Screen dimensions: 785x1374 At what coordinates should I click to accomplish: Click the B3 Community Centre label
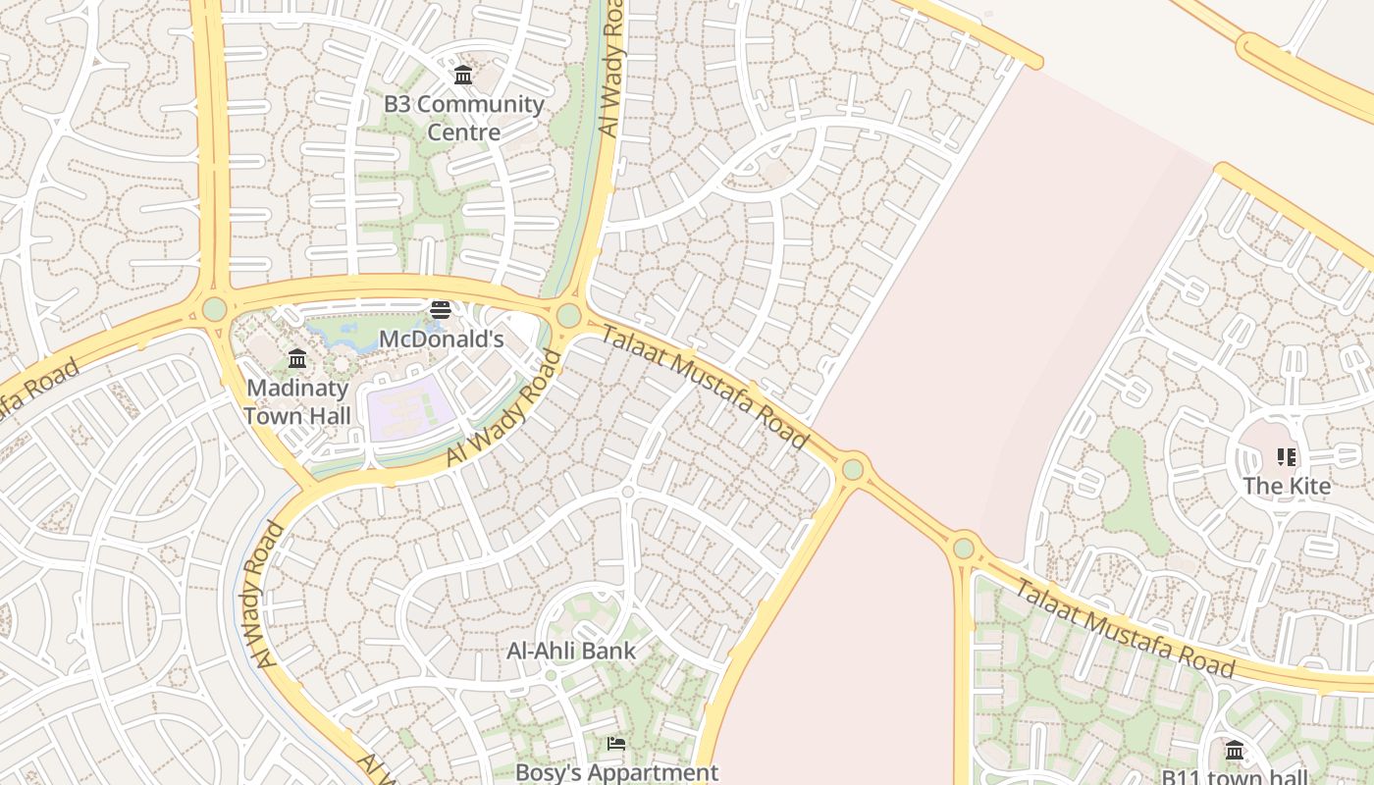463,118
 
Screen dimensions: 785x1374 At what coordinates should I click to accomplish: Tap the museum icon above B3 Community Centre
463,75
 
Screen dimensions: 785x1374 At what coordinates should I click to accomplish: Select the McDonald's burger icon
440,310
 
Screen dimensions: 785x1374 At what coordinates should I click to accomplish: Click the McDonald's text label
441,340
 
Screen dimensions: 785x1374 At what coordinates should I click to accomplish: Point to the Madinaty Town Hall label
297,401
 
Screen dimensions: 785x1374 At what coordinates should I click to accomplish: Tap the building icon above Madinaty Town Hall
297,359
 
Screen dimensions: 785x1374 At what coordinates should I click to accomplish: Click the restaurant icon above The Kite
1286,456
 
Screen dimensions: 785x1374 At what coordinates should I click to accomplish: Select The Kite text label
1286,486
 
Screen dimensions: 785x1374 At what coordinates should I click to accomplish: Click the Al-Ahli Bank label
571,651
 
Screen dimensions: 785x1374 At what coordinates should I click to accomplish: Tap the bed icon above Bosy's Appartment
616,744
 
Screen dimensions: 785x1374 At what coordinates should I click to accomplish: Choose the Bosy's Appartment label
616,772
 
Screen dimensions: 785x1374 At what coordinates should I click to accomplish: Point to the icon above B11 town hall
1235,751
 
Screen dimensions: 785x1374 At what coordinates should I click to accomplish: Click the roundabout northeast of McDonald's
568,316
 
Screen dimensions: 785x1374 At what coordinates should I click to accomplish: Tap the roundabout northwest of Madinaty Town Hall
214,309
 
